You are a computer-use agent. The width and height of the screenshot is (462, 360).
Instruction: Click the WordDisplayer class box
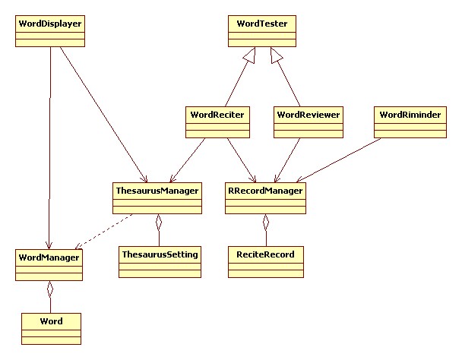click(49, 30)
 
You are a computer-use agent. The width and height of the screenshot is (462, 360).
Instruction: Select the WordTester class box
click(262, 30)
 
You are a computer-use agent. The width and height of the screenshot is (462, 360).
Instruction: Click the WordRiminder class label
click(408, 115)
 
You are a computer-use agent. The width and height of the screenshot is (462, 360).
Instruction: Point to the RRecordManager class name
click(265, 191)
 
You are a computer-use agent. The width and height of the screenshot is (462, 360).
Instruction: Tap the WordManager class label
click(49, 257)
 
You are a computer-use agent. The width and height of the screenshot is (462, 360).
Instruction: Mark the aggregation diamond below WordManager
click(50, 289)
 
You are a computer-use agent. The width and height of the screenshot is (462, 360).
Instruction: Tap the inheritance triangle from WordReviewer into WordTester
click(277, 55)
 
